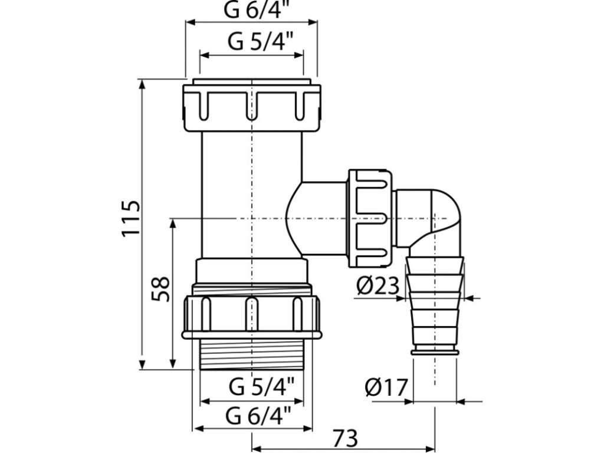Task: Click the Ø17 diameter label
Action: pos(386,388)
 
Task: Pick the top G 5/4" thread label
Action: pos(252,43)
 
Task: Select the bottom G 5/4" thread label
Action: pos(252,388)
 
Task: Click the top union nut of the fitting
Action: pos(252,107)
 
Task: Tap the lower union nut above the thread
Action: pos(252,316)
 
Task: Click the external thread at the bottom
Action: pos(252,354)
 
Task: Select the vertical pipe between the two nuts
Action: pos(252,195)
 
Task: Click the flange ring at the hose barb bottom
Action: pos(435,352)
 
